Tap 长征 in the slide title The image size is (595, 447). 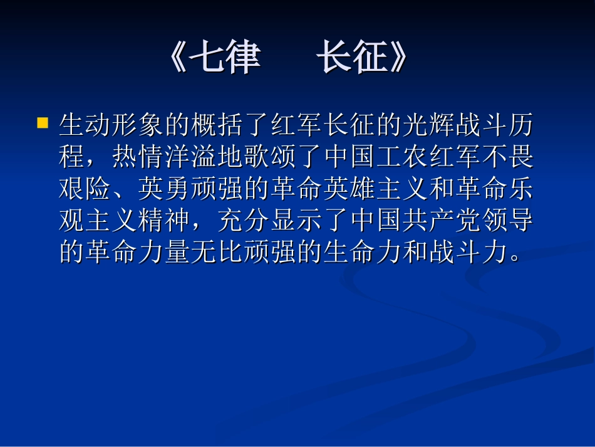[x=350, y=60]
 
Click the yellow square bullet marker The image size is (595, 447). [x=43, y=122]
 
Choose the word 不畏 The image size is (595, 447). [x=509, y=158]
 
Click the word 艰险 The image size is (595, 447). [x=85, y=189]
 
